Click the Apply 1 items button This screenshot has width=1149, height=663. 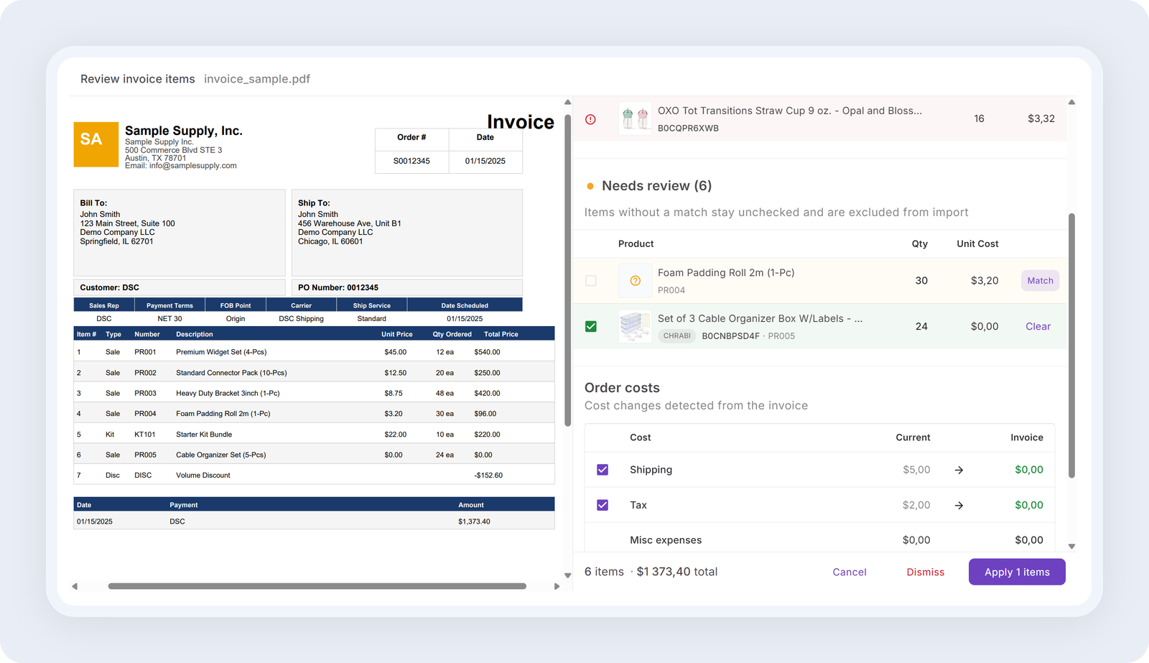[x=1017, y=572]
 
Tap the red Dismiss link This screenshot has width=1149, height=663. [x=926, y=572]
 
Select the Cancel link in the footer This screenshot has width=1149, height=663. [x=850, y=572]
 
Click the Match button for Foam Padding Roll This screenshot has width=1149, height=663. [x=1040, y=281]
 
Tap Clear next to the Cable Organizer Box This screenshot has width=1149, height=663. [x=1038, y=326]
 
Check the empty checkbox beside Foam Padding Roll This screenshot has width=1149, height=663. [x=591, y=281]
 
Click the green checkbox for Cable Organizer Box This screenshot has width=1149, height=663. [x=591, y=326]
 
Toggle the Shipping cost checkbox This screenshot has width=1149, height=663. [x=603, y=470]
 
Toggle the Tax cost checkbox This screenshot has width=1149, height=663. [x=603, y=505]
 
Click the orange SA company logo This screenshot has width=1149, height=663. [x=96, y=144]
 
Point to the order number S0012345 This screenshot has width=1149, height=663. [x=411, y=161]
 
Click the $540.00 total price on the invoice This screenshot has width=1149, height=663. [x=487, y=352]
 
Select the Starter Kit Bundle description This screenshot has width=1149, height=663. [x=204, y=434]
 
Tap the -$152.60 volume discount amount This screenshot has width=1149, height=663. [x=488, y=476]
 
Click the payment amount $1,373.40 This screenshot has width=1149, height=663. [x=474, y=521]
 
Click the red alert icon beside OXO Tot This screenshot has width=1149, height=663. [x=590, y=119]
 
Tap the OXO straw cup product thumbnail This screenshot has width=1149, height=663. [x=635, y=119]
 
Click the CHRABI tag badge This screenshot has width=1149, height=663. [x=676, y=336]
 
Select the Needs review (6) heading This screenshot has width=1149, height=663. [x=656, y=186]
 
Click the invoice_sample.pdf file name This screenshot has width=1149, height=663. [x=257, y=79]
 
